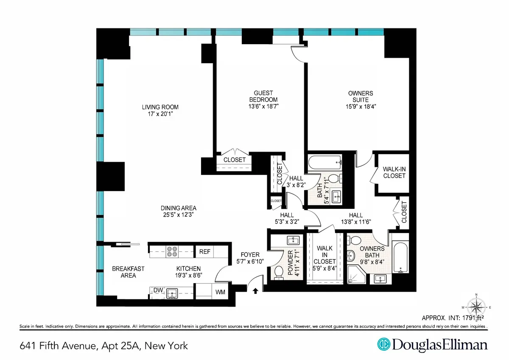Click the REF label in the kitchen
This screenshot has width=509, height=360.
pos(205,251)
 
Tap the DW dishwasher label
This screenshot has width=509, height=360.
pos(158,290)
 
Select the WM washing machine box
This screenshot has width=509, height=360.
pos(220,292)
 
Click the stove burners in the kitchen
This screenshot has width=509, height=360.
pos(172,252)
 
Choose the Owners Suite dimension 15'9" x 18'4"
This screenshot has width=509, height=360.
pos(361,107)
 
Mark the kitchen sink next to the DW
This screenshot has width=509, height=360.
pos(172,292)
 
